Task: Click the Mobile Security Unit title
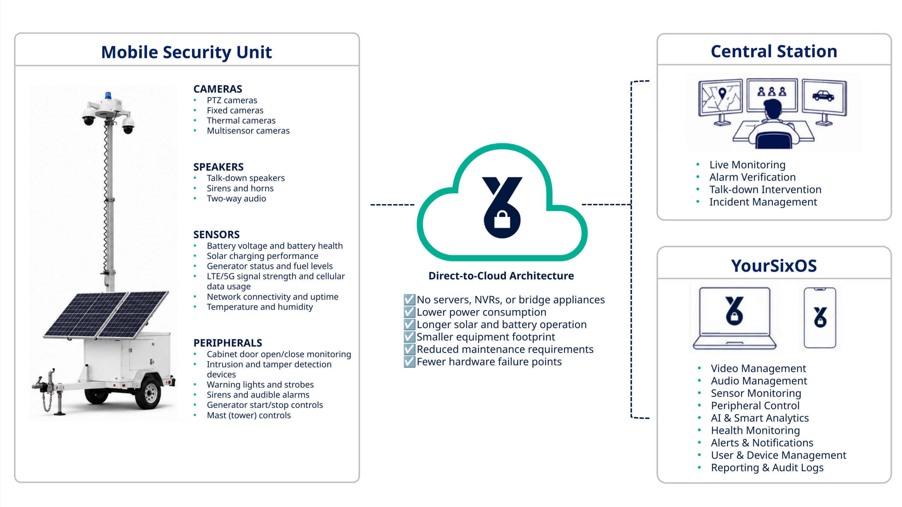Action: pyautogui.click(x=186, y=52)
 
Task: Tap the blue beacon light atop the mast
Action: pyautogui.click(x=108, y=95)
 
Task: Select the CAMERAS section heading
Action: pyautogui.click(x=218, y=89)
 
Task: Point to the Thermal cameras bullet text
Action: pyautogui.click(x=241, y=120)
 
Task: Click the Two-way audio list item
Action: pyautogui.click(x=236, y=199)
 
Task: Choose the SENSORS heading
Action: pyautogui.click(x=216, y=234)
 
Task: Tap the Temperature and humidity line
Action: pyautogui.click(x=260, y=307)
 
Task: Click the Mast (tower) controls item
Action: pyautogui.click(x=249, y=415)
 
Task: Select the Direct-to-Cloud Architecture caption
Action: pyautogui.click(x=501, y=276)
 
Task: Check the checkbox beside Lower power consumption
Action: pyautogui.click(x=409, y=312)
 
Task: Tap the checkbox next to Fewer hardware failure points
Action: pyautogui.click(x=409, y=362)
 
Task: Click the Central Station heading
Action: pyautogui.click(x=774, y=51)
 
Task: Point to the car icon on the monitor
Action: pyautogui.click(x=823, y=95)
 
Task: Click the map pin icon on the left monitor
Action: pyautogui.click(x=722, y=93)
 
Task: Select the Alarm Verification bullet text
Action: pyautogui.click(x=752, y=177)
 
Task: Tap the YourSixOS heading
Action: pyautogui.click(x=774, y=266)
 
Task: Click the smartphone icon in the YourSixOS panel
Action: pyautogui.click(x=820, y=318)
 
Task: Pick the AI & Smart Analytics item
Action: pyautogui.click(x=760, y=418)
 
